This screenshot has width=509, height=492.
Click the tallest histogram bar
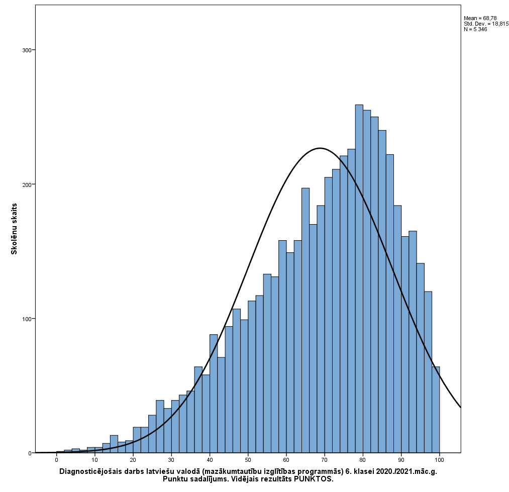359,279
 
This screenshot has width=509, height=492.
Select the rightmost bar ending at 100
436,410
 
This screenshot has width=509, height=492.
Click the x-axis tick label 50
248,460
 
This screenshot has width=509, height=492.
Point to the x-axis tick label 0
56,460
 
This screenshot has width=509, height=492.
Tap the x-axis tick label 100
439,460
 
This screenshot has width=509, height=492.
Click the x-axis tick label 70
325,460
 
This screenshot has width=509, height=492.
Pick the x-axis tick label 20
133,460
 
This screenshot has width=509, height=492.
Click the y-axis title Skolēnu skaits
14,229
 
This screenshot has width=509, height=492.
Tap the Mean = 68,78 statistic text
480,18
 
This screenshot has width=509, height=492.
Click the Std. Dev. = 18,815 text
486,24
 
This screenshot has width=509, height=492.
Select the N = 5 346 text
475,29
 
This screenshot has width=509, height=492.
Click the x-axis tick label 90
401,460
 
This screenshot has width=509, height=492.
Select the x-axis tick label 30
171,460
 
